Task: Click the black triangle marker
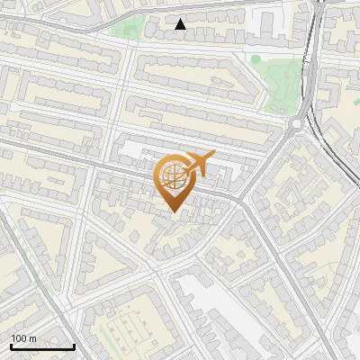tap(181, 24)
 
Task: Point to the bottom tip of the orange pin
tap(174, 211)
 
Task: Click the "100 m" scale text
tap(23, 338)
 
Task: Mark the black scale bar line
tap(42, 346)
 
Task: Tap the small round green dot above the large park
tap(256, 59)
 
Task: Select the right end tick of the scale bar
tap(74, 345)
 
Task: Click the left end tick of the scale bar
tap(11, 345)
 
